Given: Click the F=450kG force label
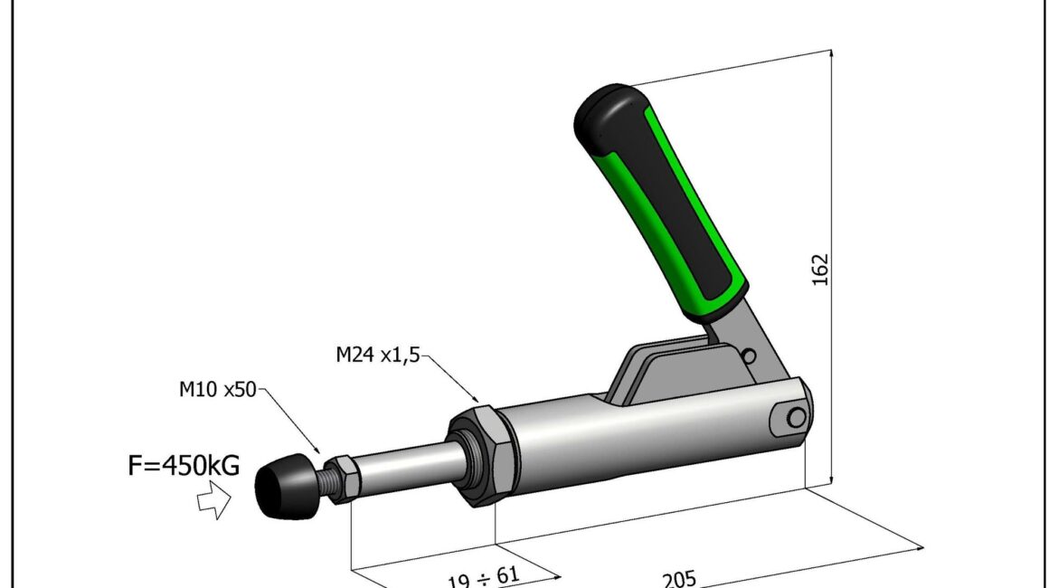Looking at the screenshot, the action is tap(184, 465).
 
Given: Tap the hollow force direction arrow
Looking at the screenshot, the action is tap(214, 500).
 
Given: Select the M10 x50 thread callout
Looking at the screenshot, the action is tap(217, 390).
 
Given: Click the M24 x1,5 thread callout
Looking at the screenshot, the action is tap(378, 355).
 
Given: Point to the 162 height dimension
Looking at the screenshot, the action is tap(820, 270).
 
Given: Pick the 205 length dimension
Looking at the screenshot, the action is tap(679, 579).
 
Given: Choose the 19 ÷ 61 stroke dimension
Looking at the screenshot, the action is tap(484, 578).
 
